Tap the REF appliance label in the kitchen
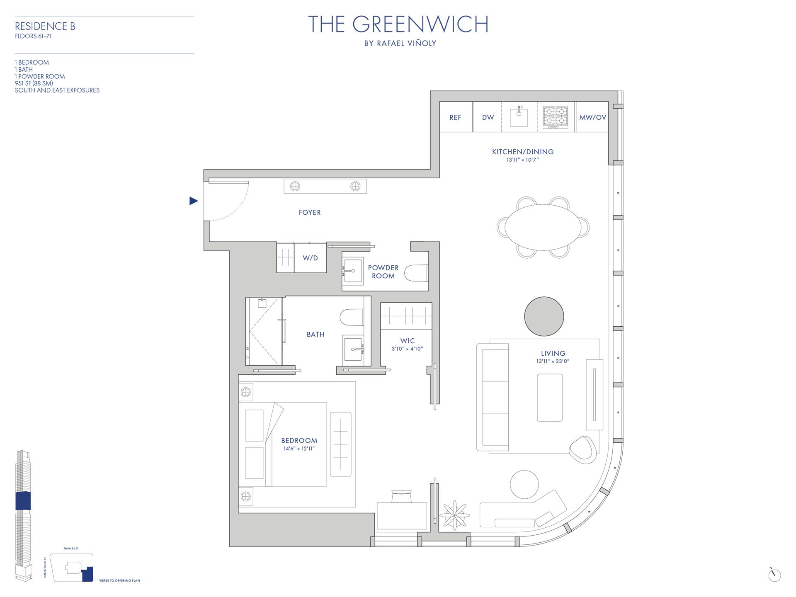[455, 117]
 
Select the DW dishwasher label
[488, 117]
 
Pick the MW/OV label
[592, 117]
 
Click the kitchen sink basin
[519, 117]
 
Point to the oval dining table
[543, 227]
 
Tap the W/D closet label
[310, 258]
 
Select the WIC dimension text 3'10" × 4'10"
[407, 349]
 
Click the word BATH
[315, 334]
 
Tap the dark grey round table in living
[544, 316]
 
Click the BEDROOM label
[299, 440]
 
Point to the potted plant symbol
[454, 515]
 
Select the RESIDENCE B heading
[45, 26]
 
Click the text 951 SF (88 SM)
[34, 83]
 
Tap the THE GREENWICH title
[398, 24]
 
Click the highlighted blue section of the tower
[23, 500]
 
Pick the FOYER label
[310, 212]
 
